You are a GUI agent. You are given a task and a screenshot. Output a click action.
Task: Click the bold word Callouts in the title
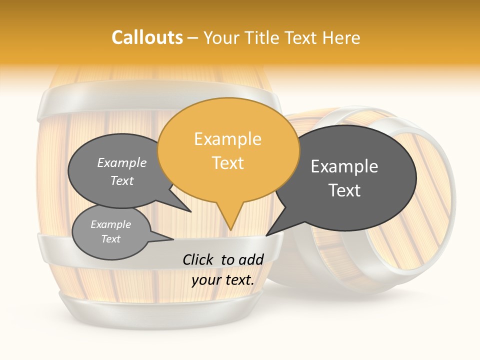click(x=147, y=37)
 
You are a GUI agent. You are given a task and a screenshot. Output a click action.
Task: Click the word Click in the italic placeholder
click(x=198, y=259)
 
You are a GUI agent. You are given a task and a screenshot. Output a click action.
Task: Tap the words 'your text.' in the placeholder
click(x=223, y=280)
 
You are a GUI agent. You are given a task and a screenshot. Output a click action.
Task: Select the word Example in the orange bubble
click(x=227, y=139)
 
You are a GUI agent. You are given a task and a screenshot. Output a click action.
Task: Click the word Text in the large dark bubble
click(x=344, y=190)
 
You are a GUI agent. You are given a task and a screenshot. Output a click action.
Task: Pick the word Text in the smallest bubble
click(x=110, y=239)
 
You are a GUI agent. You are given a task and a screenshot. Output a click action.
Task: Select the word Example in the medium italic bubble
click(x=121, y=162)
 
